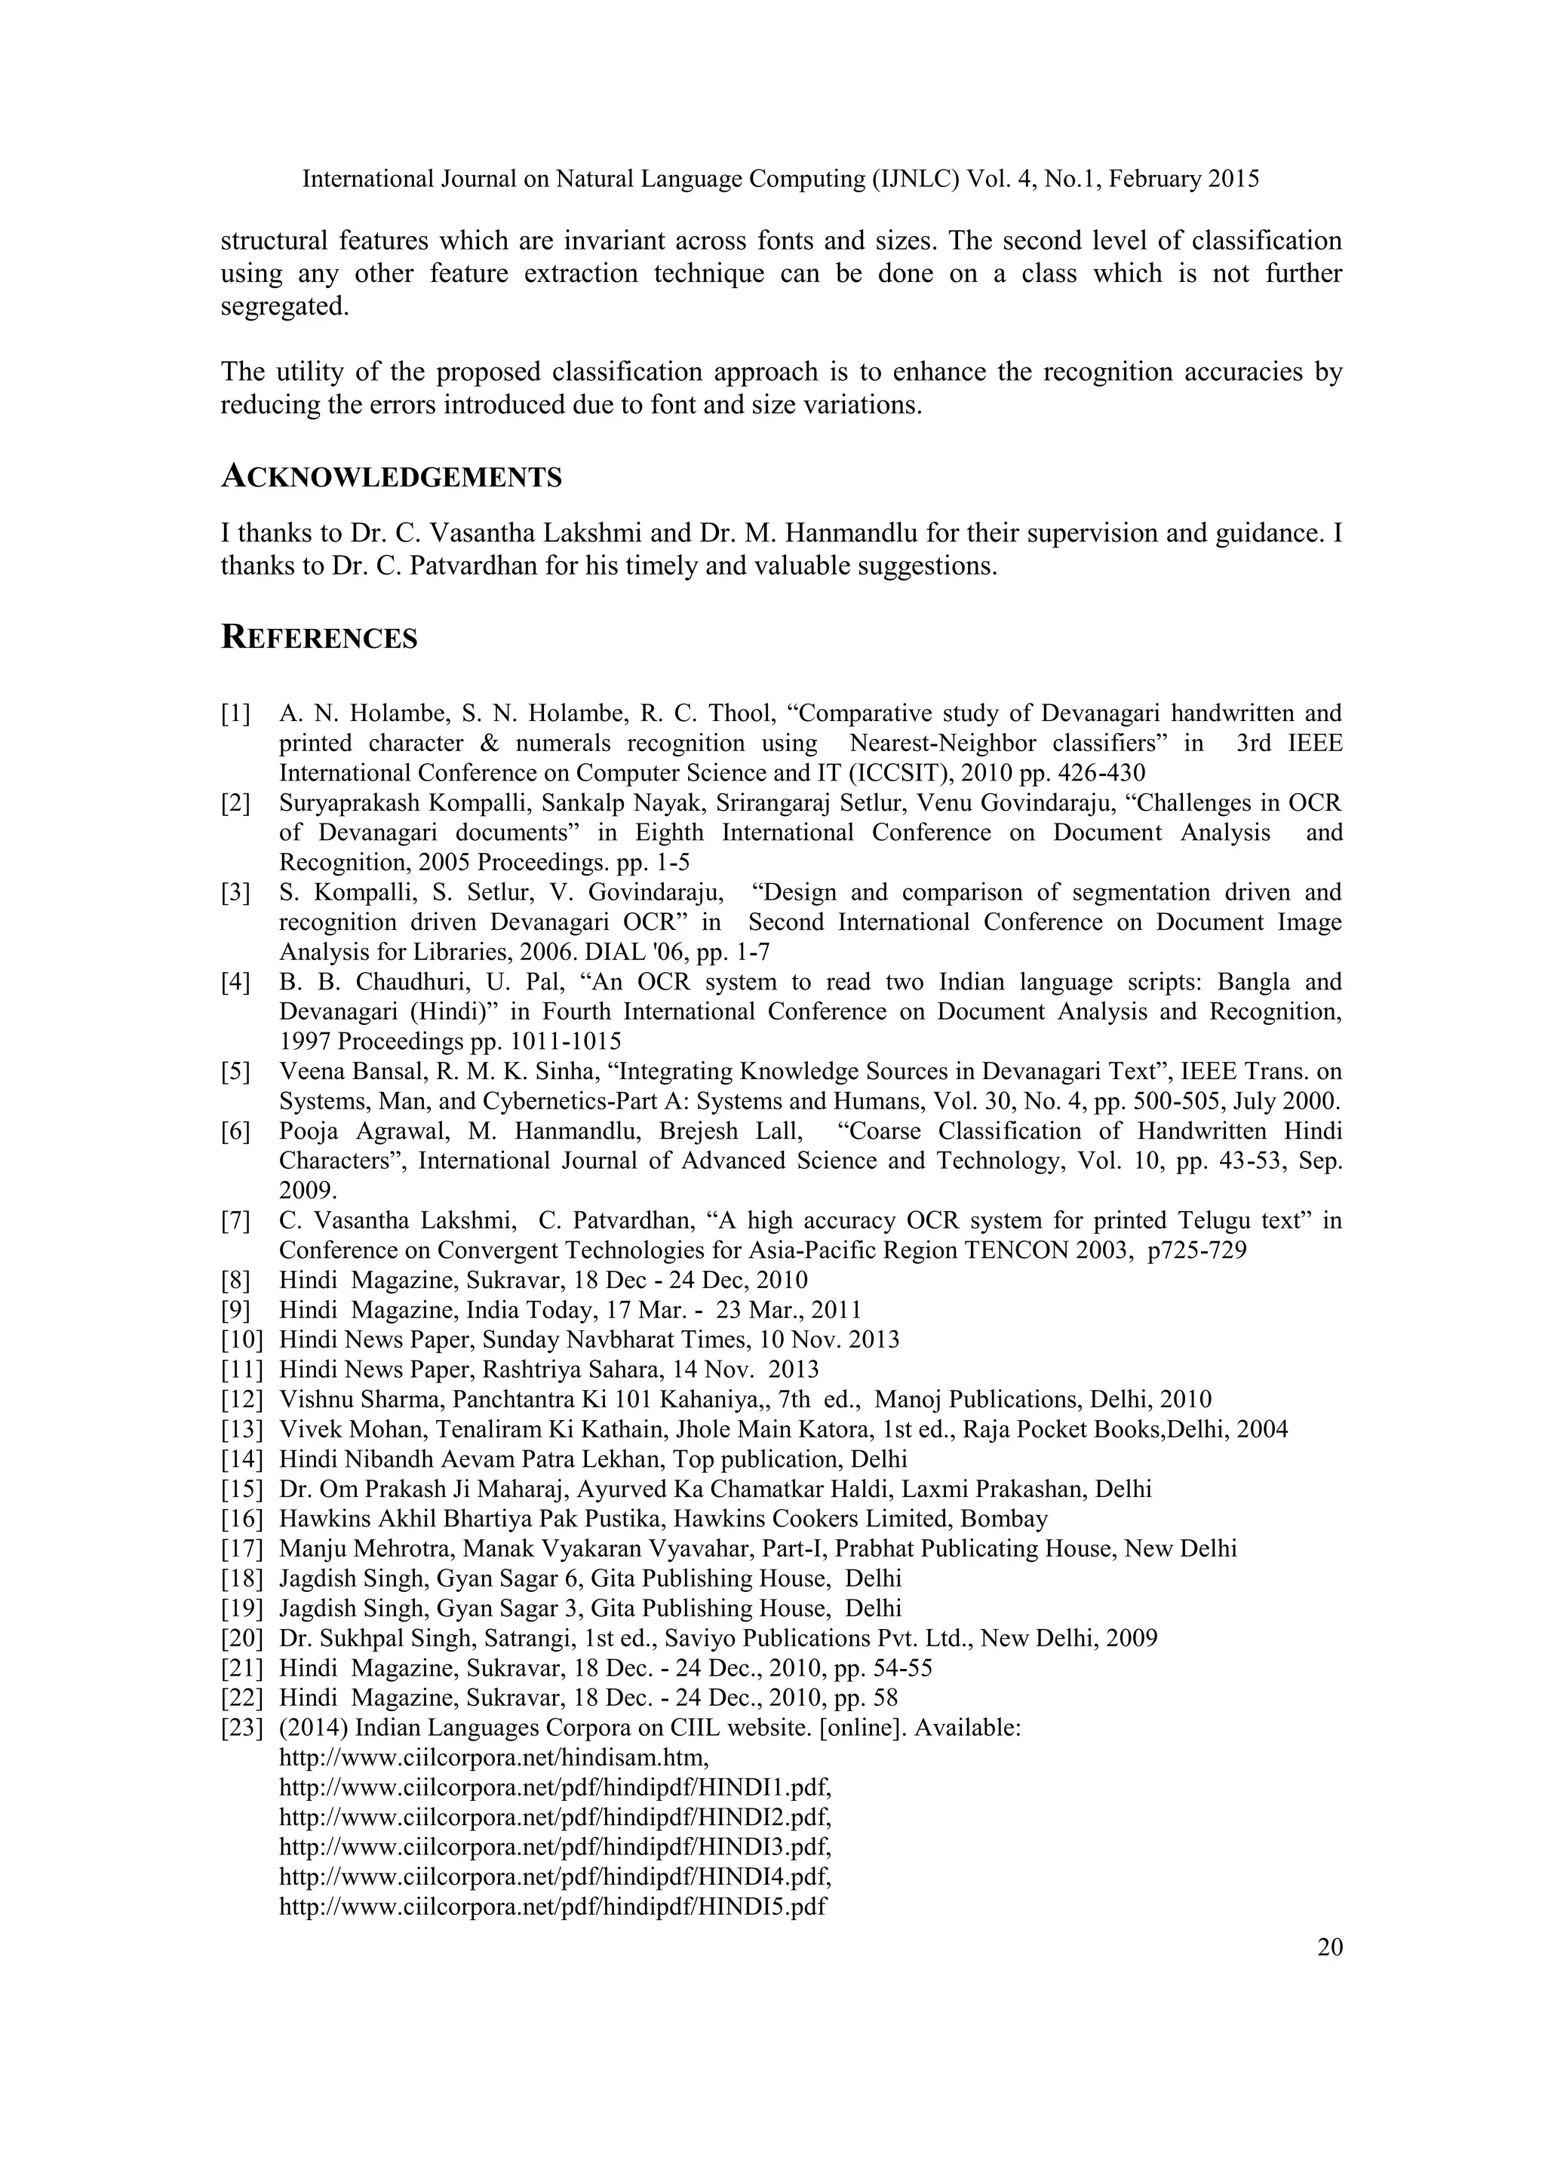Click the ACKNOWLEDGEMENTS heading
(391, 477)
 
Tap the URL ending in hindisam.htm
(494, 1758)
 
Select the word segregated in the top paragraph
(281, 307)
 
